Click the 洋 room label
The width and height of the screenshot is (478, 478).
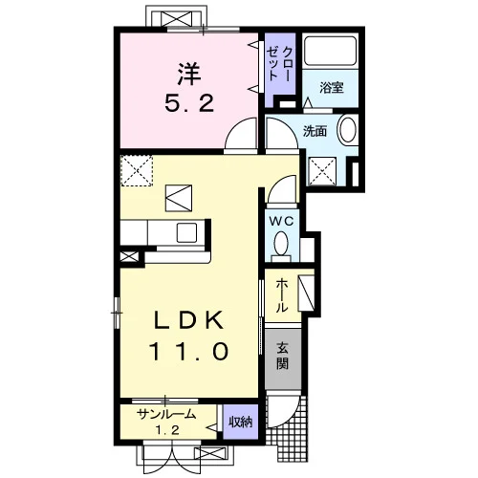[x=189, y=74]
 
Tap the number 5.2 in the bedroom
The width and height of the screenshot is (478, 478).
[x=189, y=103]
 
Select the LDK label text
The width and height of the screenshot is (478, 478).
[x=188, y=319]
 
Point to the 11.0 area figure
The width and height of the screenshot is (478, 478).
[x=189, y=351]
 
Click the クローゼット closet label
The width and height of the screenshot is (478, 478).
[x=279, y=64]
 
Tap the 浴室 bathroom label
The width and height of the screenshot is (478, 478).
[x=332, y=87]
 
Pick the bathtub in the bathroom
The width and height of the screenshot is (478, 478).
[x=330, y=52]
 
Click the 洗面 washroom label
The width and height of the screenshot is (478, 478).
[x=315, y=131]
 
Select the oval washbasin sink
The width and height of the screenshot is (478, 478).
[x=347, y=129]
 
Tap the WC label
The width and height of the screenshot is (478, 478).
[x=281, y=221]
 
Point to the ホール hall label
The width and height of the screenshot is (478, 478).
[x=282, y=295]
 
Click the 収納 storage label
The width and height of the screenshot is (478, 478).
[x=241, y=422]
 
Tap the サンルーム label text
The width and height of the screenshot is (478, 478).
[x=166, y=414]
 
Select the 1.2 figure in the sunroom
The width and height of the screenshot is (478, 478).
[x=167, y=430]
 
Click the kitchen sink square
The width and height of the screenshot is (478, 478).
[x=186, y=232]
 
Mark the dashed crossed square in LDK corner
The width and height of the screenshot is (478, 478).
[x=137, y=170]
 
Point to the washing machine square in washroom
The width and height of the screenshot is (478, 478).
[x=323, y=171]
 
